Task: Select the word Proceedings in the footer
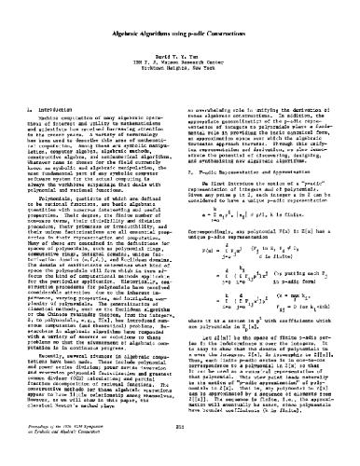click(x=33, y=450)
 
